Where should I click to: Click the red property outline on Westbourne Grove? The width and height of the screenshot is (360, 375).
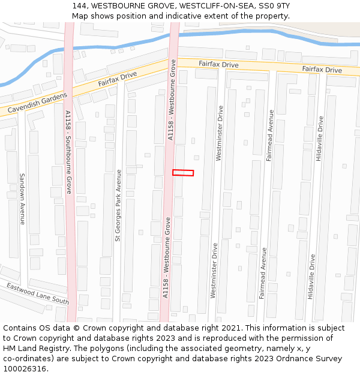pos(183,173)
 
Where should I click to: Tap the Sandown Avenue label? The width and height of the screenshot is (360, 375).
pos(22,199)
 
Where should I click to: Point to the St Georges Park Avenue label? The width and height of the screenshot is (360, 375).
pos(118,205)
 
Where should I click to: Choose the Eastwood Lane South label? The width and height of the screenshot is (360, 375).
pos(38,293)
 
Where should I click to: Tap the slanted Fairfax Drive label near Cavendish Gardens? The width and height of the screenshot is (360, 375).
pos(118,79)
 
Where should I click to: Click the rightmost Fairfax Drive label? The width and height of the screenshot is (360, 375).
pos(322,70)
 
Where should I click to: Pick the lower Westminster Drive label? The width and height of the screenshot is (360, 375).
pos(214,270)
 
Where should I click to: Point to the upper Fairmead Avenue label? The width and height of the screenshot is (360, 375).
pos(270,135)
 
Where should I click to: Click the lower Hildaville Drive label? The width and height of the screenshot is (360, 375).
pos(311,277)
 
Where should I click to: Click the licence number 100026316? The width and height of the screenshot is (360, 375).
pos(24,368)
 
